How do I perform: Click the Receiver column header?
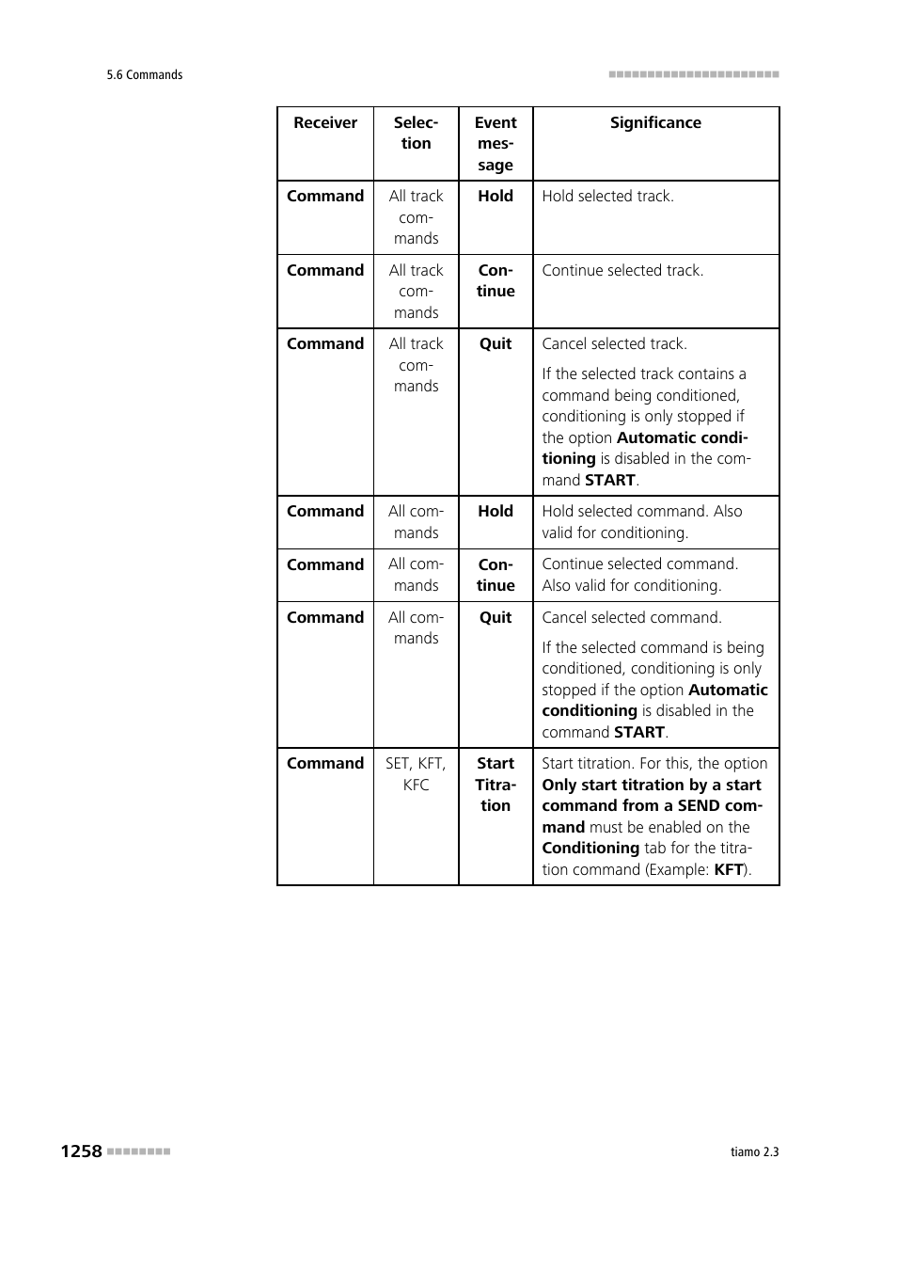click(x=325, y=123)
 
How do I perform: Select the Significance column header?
click(x=655, y=123)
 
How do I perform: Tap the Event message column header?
click(x=496, y=144)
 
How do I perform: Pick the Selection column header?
click(x=416, y=134)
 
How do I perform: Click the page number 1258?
click(x=81, y=1151)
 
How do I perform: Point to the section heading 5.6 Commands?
click(x=145, y=75)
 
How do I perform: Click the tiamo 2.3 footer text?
click(x=754, y=1152)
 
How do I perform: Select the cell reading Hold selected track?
click(x=607, y=197)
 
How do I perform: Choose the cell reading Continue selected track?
click(x=622, y=271)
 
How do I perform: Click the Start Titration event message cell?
click(x=496, y=785)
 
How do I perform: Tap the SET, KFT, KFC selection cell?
click(x=416, y=774)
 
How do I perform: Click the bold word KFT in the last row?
click(x=729, y=870)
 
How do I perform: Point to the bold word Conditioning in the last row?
click(x=590, y=849)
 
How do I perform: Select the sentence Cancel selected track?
click(x=614, y=344)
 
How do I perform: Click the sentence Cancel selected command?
click(x=632, y=618)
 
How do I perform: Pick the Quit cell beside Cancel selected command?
click(x=496, y=618)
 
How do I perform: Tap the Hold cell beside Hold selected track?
click(x=496, y=197)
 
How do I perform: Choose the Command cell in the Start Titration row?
click(x=325, y=764)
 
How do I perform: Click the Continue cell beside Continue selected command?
click(x=496, y=575)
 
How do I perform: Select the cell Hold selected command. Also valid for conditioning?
click(x=642, y=522)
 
